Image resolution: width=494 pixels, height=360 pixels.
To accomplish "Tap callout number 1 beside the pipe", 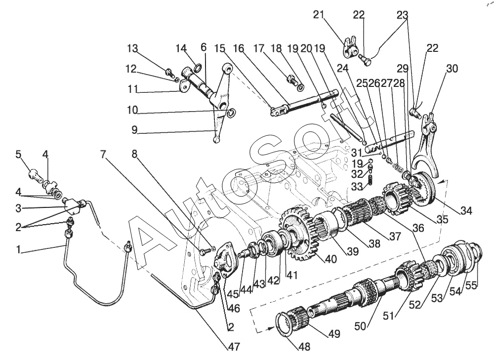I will [x=18, y=250].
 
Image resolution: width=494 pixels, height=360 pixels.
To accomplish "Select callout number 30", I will [x=452, y=68].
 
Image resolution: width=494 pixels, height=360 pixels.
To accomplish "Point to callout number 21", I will [x=319, y=15].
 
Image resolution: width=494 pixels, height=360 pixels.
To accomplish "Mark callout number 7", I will [x=103, y=154].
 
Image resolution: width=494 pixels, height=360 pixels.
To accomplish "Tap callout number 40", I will [x=316, y=259].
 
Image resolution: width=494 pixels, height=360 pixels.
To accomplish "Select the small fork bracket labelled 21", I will [x=348, y=47].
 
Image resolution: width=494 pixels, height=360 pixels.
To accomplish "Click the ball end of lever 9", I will [x=216, y=141].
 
